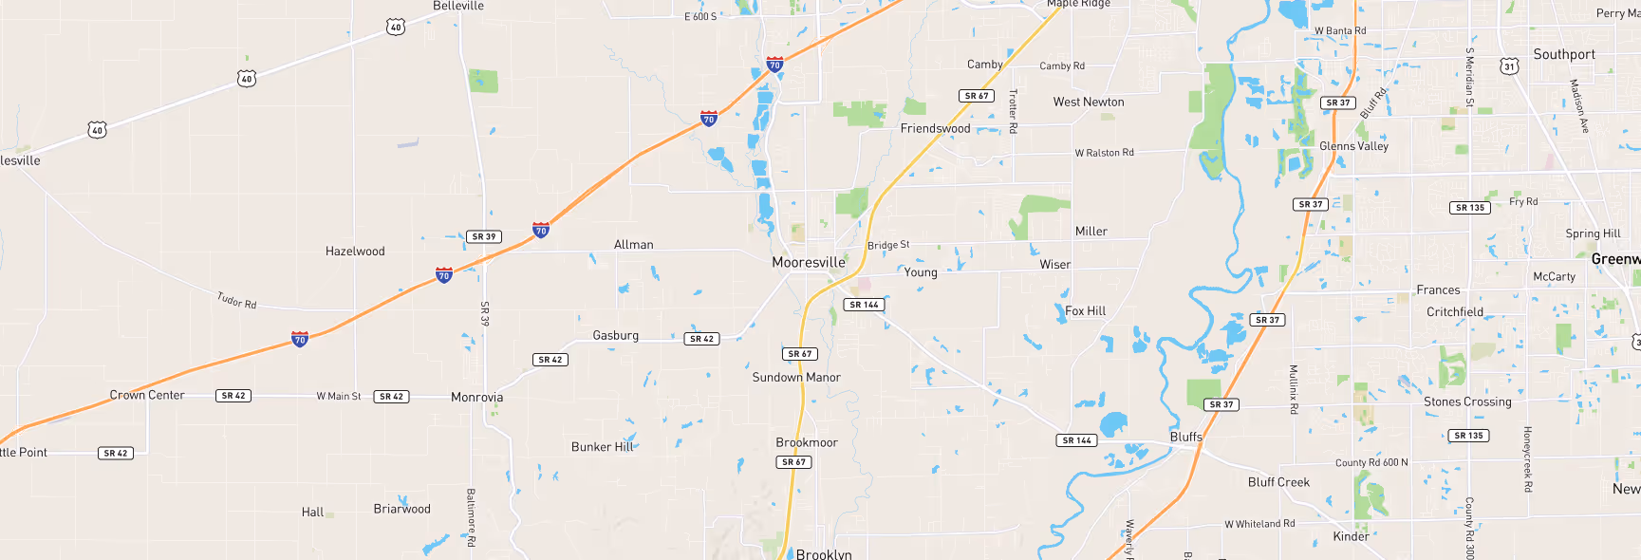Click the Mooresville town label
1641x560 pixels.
pyautogui.click(x=808, y=262)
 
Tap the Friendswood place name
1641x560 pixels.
pyautogui.click(x=935, y=128)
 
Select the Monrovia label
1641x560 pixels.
pyautogui.click(x=476, y=398)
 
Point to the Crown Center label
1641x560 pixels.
pyautogui.click(x=147, y=395)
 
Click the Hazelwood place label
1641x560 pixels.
pyautogui.click(x=355, y=252)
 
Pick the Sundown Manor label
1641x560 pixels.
pyautogui.click(x=796, y=377)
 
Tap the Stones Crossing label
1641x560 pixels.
pyautogui.click(x=1467, y=401)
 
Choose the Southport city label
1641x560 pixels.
pyautogui.click(x=1564, y=55)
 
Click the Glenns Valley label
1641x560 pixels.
pyautogui.click(x=1353, y=146)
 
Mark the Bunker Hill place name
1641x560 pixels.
pyautogui.click(x=602, y=447)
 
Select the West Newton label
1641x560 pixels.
pyautogui.click(x=1089, y=102)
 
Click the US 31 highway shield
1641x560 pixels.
pyautogui.click(x=1509, y=66)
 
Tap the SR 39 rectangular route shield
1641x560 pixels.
pyautogui.click(x=484, y=236)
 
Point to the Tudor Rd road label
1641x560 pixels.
pyautogui.click(x=236, y=301)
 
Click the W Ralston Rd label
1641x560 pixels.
pyautogui.click(x=1104, y=153)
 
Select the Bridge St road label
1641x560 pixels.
pyautogui.click(x=888, y=245)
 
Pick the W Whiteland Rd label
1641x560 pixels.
pyautogui.click(x=1259, y=524)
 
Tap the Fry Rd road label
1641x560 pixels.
pyautogui.click(x=1523, y=201)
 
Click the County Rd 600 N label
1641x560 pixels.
pyautogui.click(x=1371, y=463)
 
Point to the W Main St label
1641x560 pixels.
pyautogui.click(x=339, y=396)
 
